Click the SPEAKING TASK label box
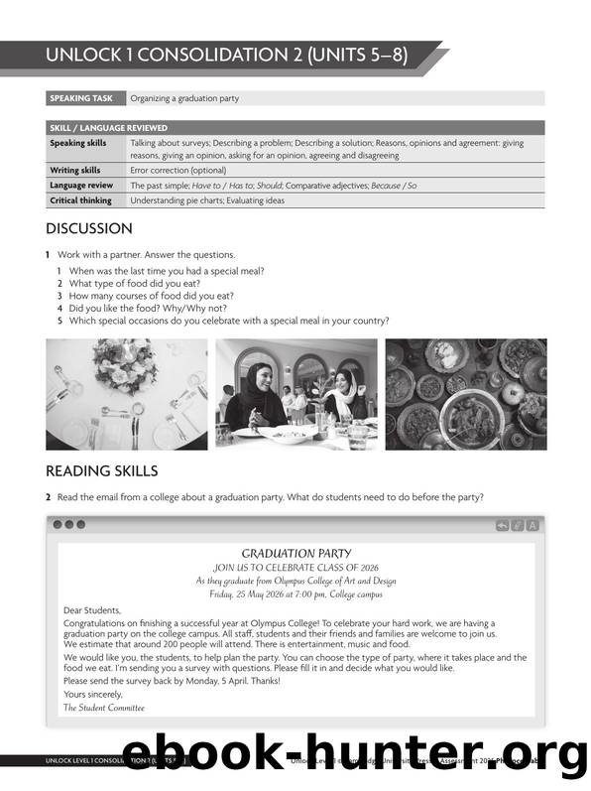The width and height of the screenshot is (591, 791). coord(86,98)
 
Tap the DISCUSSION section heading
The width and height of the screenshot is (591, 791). coord(89,228)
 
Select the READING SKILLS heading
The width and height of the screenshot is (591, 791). coord(101,470)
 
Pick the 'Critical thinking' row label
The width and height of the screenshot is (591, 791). coord(80,200)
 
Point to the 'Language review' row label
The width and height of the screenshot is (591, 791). coord(81,185)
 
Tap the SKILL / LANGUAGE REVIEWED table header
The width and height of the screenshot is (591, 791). coord(109,128)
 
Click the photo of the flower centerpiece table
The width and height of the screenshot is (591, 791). coord(127,394)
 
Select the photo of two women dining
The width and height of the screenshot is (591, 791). coord(296,394)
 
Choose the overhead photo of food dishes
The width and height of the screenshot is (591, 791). coord(465,394)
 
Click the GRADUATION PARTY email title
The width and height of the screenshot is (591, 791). coord(295,553)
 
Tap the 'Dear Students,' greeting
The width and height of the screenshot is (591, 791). coord(92,609)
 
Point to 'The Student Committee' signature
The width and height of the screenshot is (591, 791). coord(104,708)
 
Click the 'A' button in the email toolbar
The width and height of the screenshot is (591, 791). coord(532,525)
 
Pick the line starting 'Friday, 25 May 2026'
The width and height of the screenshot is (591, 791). coord(295,593)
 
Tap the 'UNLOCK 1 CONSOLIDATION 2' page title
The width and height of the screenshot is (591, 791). coord(226,56)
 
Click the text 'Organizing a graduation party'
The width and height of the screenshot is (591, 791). coord(184,98)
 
